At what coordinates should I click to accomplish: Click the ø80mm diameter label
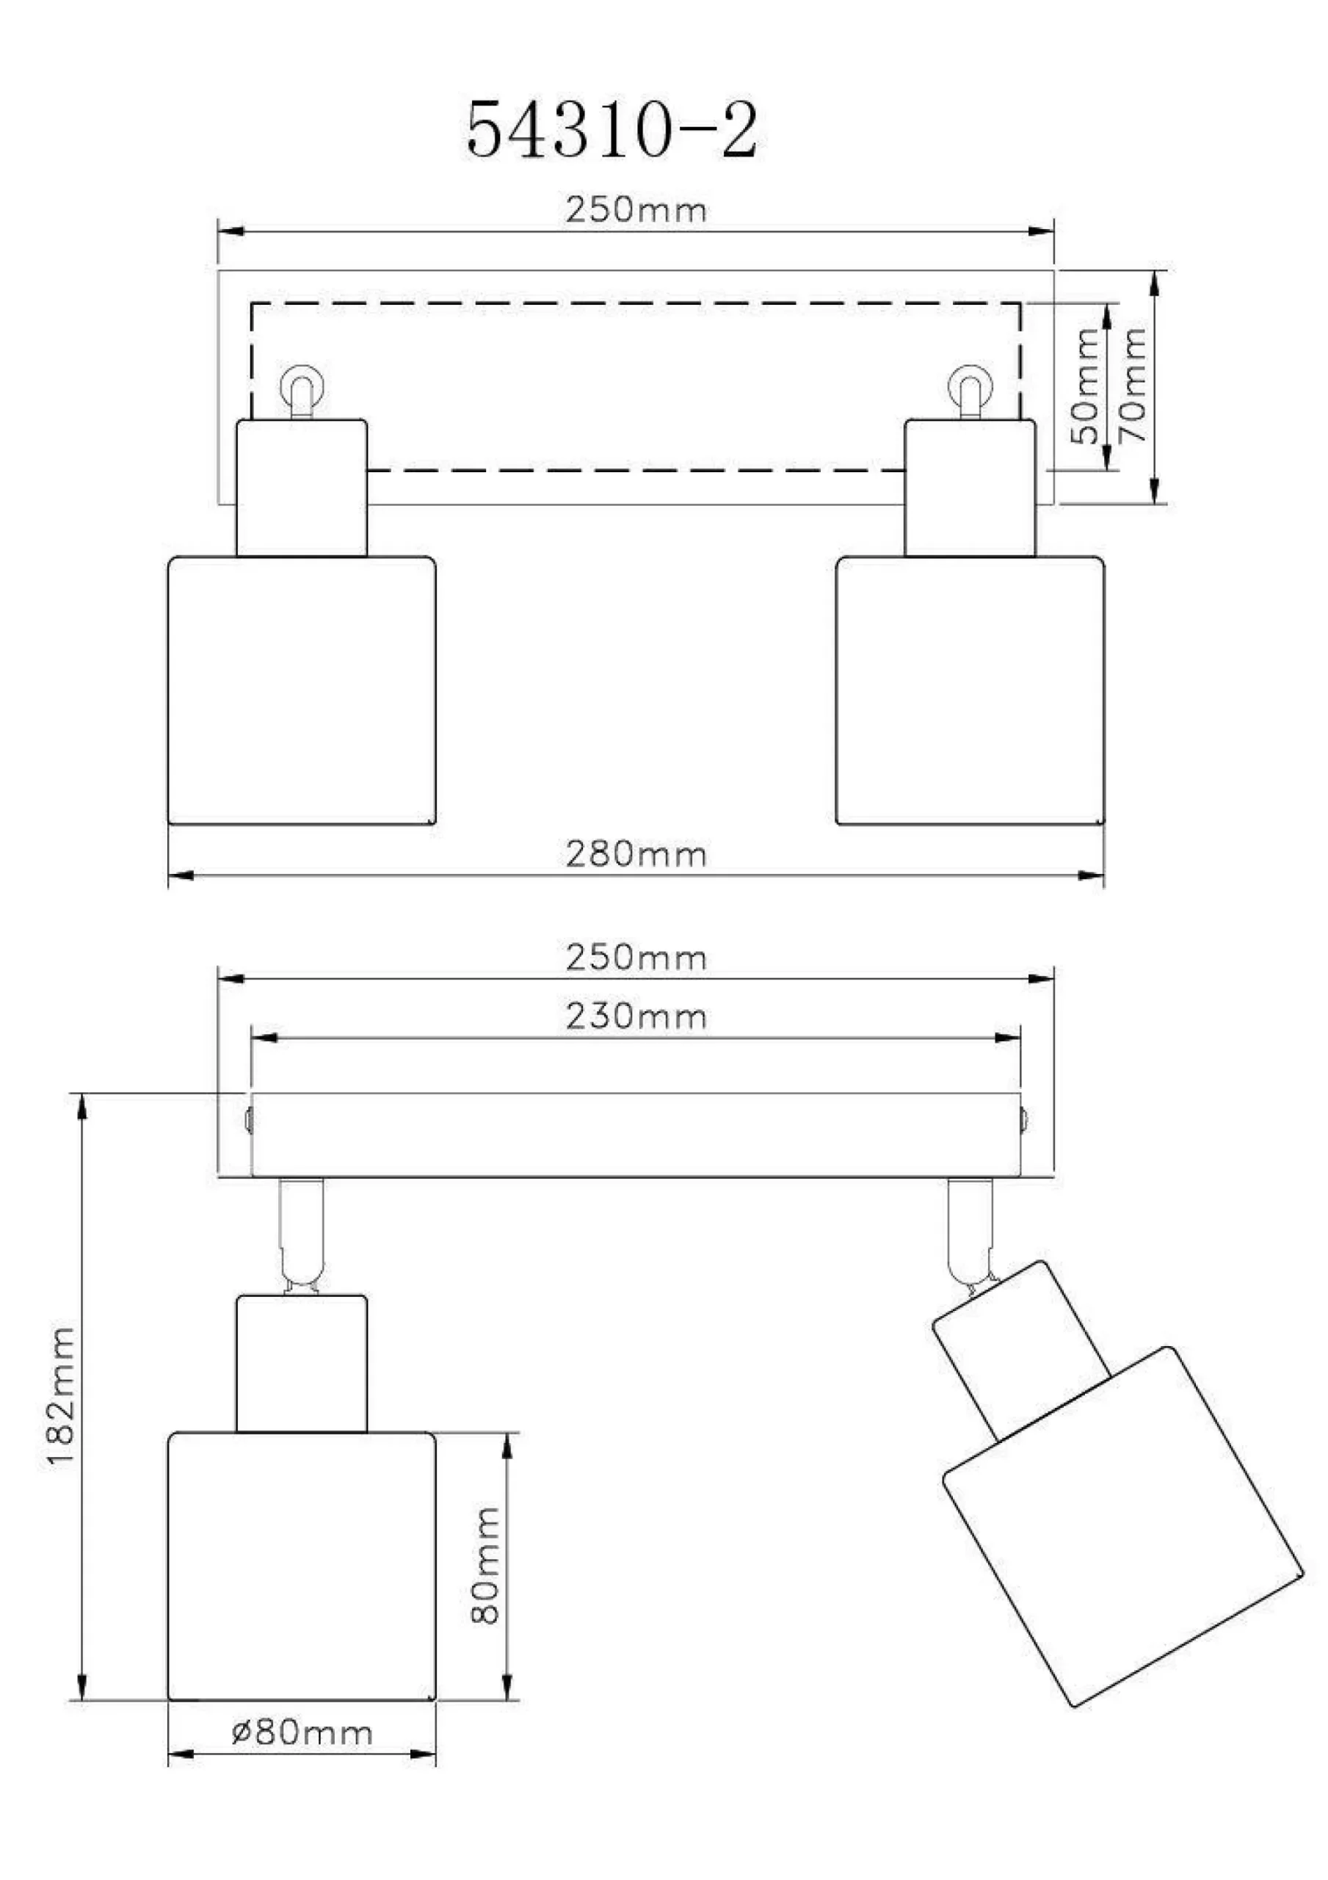(x=302, y=1732)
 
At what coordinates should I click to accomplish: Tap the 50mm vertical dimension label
(x=1086, y=386)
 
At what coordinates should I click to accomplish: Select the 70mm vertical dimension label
(x=1133, y=386)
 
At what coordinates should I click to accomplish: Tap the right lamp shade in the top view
(x=970, y=690)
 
